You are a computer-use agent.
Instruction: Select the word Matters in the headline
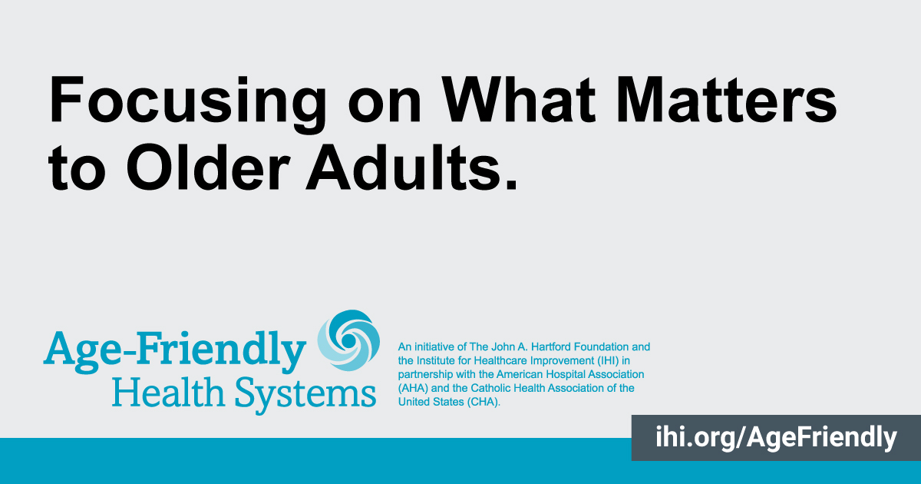click(x=727, y=100)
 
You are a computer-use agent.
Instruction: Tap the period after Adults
click(x=511, y=185)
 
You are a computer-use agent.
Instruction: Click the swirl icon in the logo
click(x=348, y=340)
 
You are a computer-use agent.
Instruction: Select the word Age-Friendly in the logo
click(x=175, y=352)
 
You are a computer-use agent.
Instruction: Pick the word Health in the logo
click(x=168, y=393)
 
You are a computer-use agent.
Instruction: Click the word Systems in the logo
click(x=305, y=395)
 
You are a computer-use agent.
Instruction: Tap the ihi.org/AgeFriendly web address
click(x=776, y=437)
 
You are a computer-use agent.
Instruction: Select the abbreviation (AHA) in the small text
click(x=413, y=388)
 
